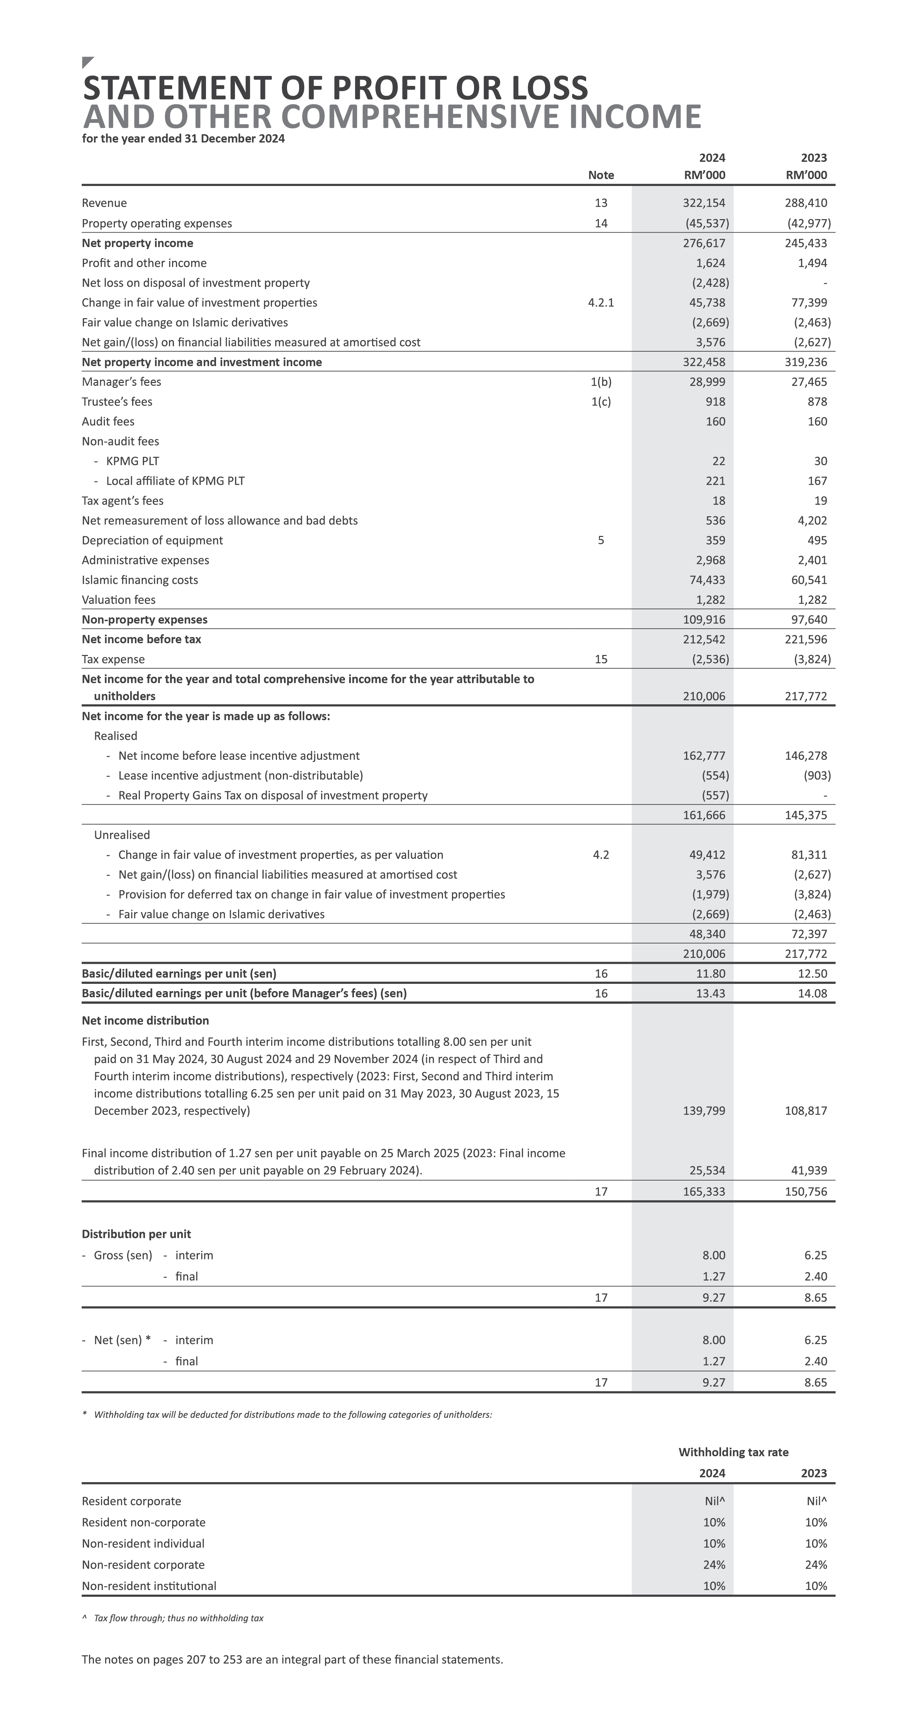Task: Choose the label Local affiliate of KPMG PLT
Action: click(175, 481)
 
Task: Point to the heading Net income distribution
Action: click(145, 1021)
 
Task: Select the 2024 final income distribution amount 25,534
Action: click(707, 1171)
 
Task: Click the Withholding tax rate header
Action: click(733, 1452)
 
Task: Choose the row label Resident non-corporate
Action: click(144, 1523)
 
